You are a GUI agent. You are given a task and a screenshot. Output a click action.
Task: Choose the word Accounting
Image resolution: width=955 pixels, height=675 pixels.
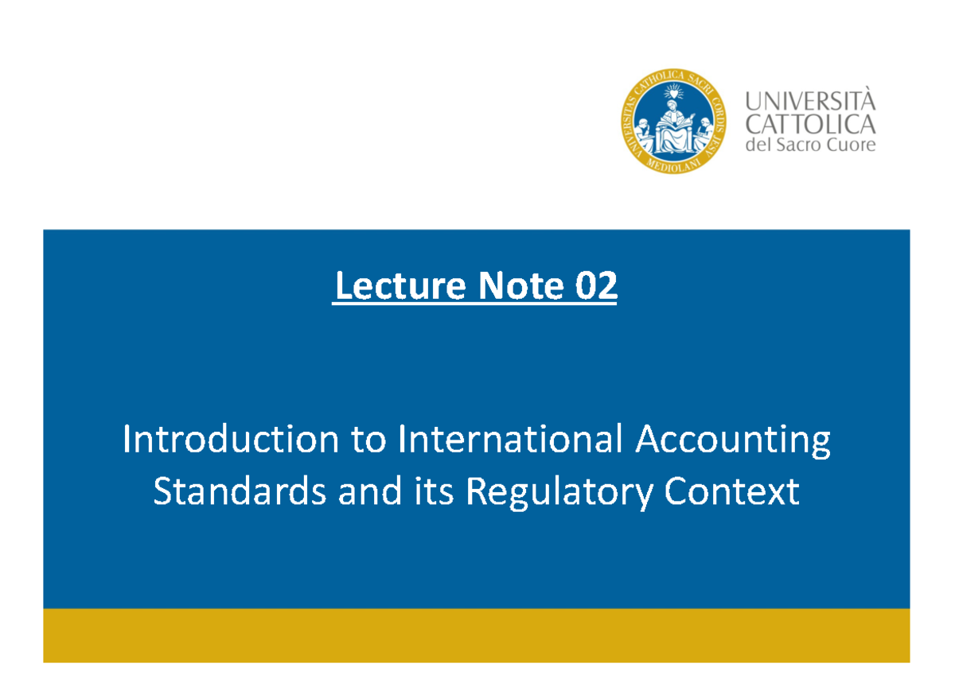click(732, 441)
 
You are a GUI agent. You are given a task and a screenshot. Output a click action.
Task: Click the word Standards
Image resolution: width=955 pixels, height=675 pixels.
click(239, 492)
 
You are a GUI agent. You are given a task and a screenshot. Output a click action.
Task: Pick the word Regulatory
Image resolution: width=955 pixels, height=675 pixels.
click(560, 494)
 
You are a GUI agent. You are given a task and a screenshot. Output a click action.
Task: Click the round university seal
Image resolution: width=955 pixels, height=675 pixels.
click(673, 122)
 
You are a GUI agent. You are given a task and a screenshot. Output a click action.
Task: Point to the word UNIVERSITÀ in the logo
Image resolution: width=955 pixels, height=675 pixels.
click(809, 102)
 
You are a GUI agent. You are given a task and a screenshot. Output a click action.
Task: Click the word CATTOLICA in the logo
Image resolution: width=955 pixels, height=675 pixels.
click(809, 124)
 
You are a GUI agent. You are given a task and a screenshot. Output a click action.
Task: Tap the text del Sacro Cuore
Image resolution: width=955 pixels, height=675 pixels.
click(809, 145)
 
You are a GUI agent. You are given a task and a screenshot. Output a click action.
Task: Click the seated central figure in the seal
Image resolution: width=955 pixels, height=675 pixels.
click(673, 127)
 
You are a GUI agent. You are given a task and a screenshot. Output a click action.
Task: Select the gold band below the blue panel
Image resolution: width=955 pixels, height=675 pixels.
click(476, 635)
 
